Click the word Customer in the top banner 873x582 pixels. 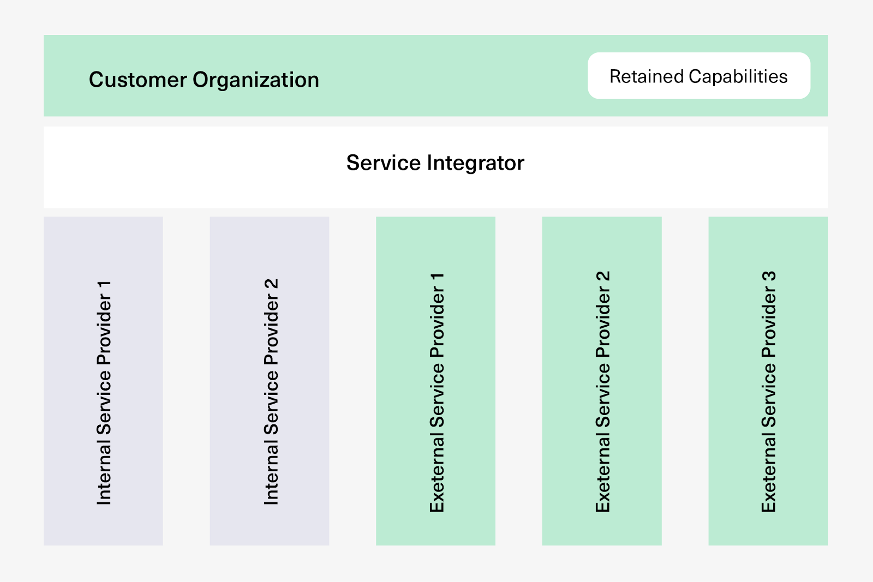(137, 80)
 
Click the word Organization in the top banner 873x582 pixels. (256, 80)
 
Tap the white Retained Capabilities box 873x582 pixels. (698, 76)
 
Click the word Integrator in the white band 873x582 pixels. (475, 163)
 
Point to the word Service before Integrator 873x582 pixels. (384, 163)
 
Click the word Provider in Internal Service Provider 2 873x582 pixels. (271, 330)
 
